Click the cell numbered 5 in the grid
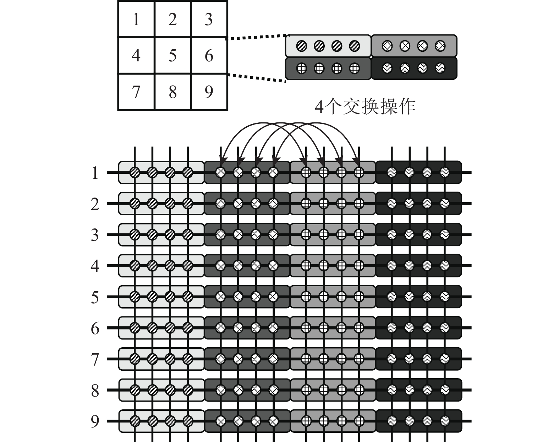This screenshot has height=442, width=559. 173,56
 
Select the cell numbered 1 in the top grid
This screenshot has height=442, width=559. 136,19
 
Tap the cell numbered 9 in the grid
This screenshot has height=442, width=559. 209,92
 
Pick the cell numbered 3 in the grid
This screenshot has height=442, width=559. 209,19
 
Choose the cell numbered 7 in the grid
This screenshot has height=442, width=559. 136,92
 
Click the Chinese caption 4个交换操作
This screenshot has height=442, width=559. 365,106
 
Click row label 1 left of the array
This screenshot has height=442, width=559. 95,173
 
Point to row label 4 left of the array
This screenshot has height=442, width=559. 95,266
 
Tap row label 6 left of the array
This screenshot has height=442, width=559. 95,328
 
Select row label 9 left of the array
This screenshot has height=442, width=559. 95,421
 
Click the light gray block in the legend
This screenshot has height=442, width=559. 328,46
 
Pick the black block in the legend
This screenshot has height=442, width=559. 414,68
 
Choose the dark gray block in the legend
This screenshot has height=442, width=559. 328,68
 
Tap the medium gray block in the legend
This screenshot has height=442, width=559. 414,46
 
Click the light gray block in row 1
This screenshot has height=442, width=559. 161,172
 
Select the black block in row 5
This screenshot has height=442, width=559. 419,297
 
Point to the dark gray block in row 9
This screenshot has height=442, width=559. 247,421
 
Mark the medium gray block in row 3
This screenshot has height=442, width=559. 333,234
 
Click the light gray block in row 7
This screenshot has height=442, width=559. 161,359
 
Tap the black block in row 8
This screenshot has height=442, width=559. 419,390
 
